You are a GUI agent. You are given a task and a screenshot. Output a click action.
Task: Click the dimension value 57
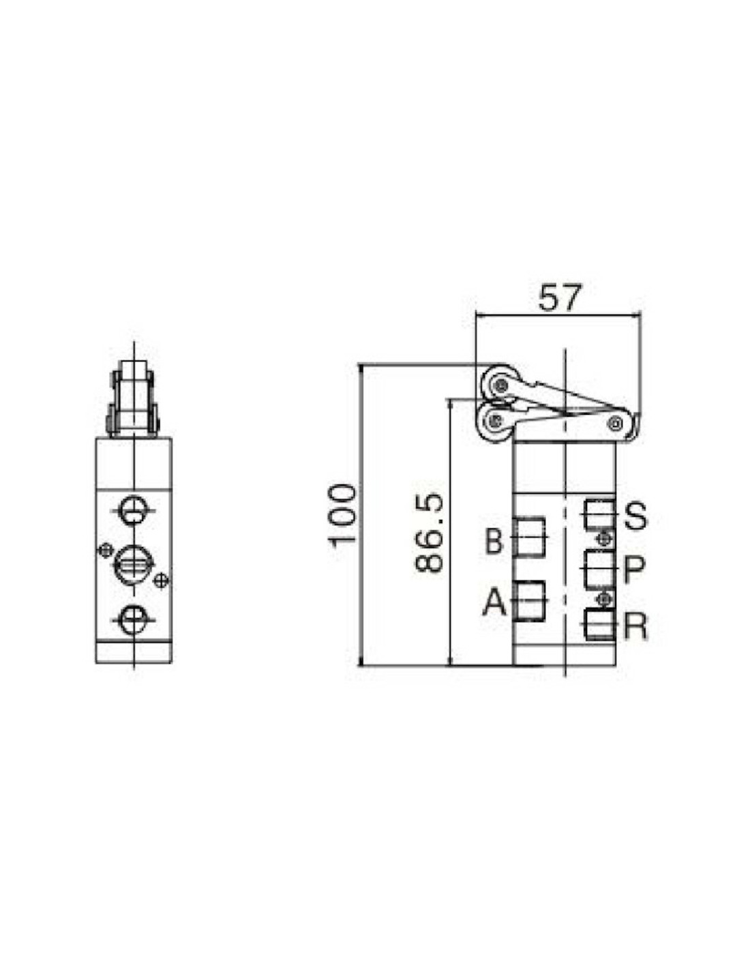pyautogui.click(x=560, y=297)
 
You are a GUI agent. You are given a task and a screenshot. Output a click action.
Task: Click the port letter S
pyautogui.click(x=635, y=516)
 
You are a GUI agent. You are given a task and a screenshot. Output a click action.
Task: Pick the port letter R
pyautogui.click(x=635, y=626)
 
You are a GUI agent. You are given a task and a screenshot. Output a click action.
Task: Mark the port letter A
pyautogui.click(x=494, y=602)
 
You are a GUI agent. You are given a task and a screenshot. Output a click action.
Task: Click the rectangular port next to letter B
pyautogui.click(x=530, y=537)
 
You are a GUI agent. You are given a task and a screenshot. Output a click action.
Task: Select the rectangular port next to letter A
pyautogui.click(x=530, y=600)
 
